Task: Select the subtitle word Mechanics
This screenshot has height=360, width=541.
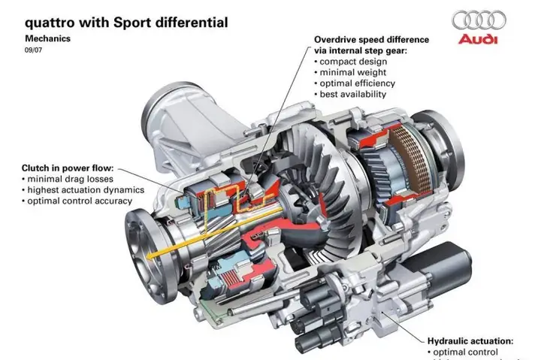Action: coord(51,37)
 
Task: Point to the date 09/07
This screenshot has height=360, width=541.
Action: coord(35,50)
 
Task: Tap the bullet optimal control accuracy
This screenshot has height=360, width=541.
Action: coord(80,201)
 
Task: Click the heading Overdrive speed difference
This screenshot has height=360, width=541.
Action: coord(372,39)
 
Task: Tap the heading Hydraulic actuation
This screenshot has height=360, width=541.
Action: coord(470,340)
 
